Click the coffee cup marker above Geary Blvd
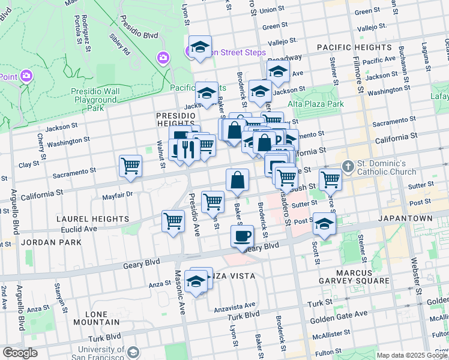tap(243, 236)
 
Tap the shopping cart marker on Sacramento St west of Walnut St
tap(130, 166)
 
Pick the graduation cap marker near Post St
tap(324, 224)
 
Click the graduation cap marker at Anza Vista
tap(196, 281)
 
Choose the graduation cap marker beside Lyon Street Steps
tap(200, 47)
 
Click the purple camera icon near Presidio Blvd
tap(163, 58)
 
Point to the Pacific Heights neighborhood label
tap(354, 47)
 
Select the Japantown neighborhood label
tap(405, 218)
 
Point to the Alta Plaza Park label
tap(316, 104)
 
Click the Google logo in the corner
tap(20, 353)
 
